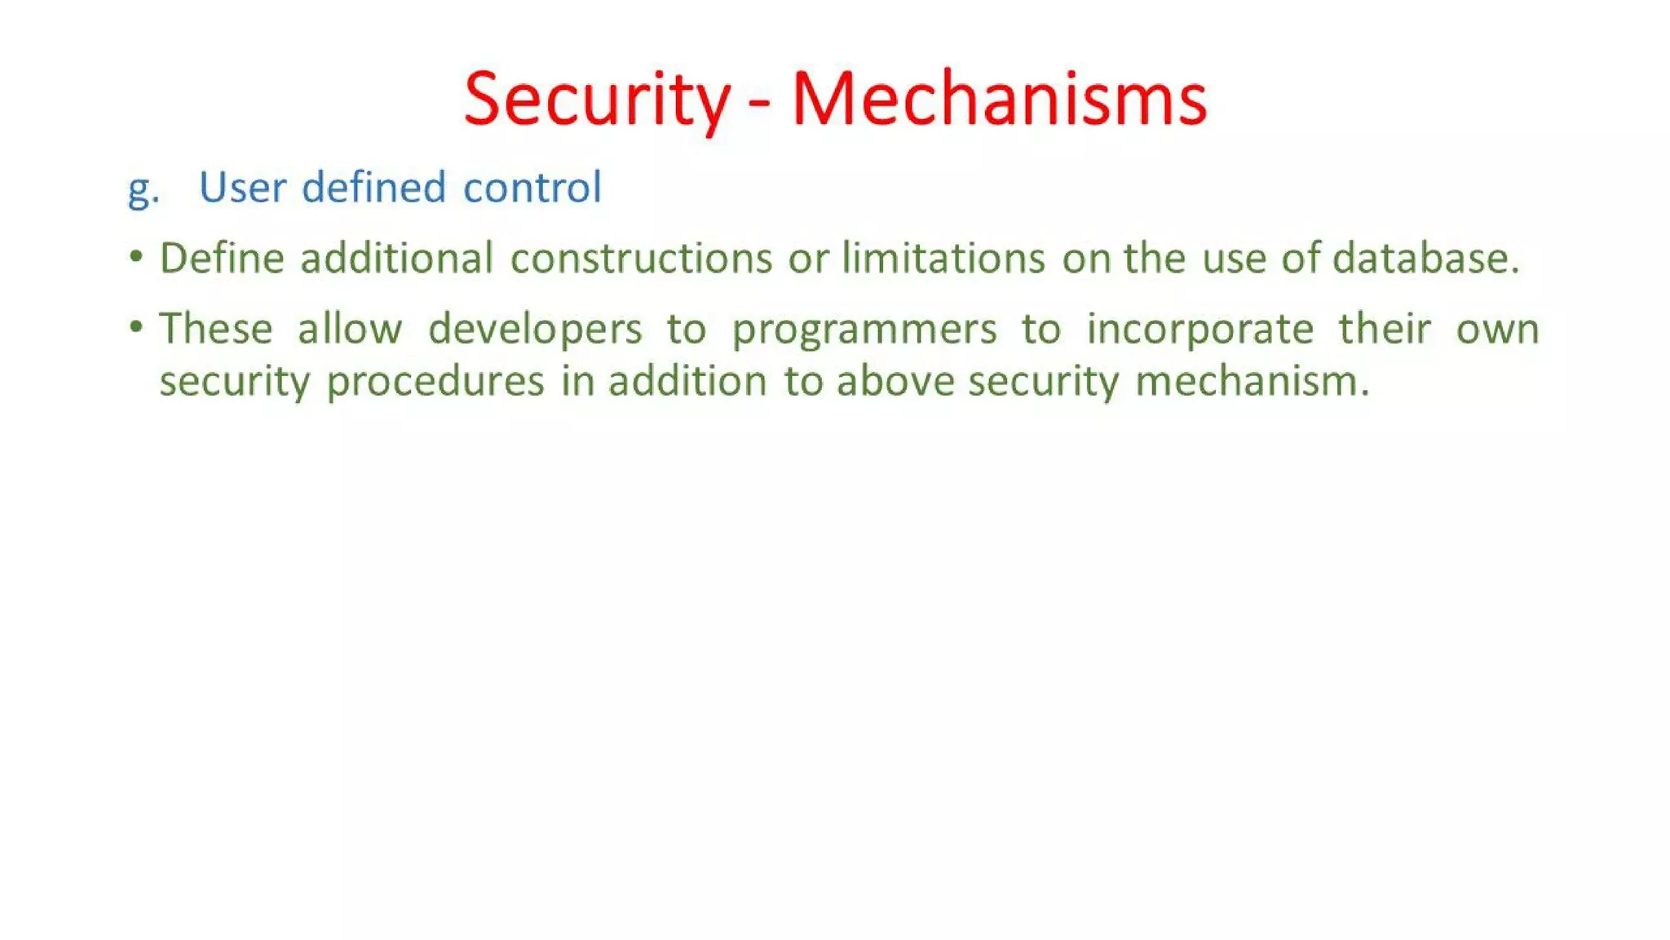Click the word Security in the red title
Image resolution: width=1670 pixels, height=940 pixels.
pos(597,100)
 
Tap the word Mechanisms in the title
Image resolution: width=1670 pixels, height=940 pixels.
pos(999,100)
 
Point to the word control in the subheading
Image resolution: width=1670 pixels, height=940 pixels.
pos(532,187)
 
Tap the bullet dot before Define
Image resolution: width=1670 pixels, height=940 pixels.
pos(136,258)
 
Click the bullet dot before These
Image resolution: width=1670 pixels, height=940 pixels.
pos(136,328)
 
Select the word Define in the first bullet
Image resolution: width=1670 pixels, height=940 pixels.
pos(222,258)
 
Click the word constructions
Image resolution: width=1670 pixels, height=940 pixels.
pos(641,258)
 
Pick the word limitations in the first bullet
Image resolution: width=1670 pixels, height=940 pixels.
pos(943,258)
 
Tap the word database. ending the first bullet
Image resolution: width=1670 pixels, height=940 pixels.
pos(1426,258)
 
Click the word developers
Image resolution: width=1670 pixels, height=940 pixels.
pos(535,330)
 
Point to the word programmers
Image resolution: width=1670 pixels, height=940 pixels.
pos(864,330)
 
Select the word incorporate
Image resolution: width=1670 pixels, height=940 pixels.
pos(1199,330)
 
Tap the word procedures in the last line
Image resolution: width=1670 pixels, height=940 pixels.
pos(435,382)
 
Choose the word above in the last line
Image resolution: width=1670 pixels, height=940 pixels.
pos(895,380)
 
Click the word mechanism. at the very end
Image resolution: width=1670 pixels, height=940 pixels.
pos(1252,380)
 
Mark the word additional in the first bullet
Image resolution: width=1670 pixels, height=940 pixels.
pos(396,258)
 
